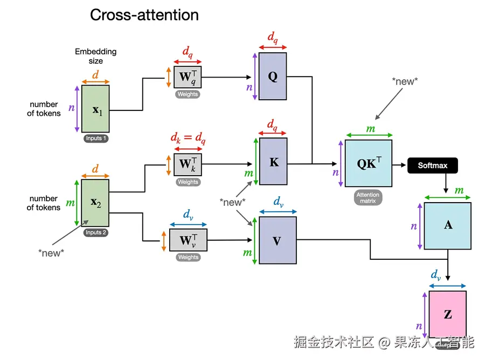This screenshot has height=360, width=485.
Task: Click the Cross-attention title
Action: click(x=144, y=15)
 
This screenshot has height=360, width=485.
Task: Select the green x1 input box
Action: click(x=95, y=109)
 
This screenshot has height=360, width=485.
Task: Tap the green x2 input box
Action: click(x=95, y=203)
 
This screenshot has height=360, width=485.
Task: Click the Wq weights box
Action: click(x=188, y=77)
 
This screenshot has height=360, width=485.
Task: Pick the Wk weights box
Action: click(x=188, y=163)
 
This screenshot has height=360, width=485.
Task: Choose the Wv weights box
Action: click(x=188, y=240)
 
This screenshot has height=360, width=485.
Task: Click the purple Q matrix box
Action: click(x=273, y=76)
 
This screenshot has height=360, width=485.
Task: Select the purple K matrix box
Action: click(x=274, y=161)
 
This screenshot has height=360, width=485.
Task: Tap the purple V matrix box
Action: click(x=278, y=240)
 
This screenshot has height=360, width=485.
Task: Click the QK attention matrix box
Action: click(x=368, y=163)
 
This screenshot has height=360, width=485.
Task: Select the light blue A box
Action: click(x=447, y=225)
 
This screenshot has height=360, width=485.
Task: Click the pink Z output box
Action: click(x=447, y=314)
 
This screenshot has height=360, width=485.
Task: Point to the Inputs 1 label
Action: click(x=95, y=139)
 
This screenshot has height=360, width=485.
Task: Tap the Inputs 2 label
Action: click(x=95, y=233)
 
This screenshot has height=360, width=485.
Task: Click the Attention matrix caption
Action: click(x=368, y=198)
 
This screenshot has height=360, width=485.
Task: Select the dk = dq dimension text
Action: click(x=188, y=139)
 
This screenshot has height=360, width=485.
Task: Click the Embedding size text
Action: click(x=95, y=56)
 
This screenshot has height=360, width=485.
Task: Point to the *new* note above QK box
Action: click(x=405, y=81)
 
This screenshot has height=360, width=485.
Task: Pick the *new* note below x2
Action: click(x=51, y=253)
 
